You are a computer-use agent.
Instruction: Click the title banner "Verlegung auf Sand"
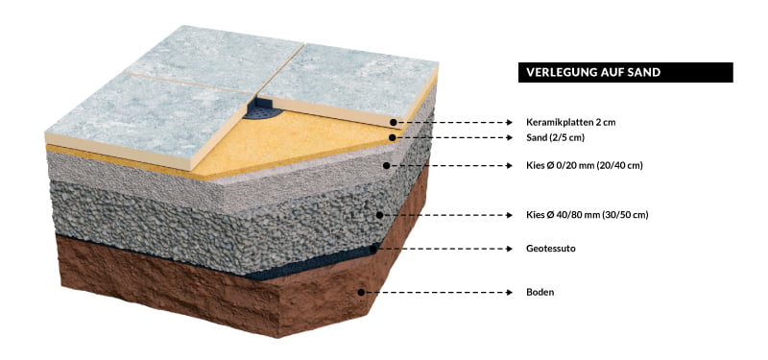point(626,73)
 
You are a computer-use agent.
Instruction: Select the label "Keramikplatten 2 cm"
point(570,123)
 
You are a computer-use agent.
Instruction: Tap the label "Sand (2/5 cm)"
point(556,138)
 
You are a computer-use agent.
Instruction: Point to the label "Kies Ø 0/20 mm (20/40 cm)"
point(585,166)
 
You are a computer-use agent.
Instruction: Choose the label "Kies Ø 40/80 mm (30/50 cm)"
point(588,215)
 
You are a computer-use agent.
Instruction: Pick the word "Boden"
point(540,293)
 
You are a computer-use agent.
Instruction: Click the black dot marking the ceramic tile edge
point(394,122)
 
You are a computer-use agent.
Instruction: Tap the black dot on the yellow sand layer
point(393,137)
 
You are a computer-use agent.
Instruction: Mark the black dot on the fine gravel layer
point(387,165)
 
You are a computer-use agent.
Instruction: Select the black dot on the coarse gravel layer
point(379,215)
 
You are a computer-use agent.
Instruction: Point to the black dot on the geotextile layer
point(373,249)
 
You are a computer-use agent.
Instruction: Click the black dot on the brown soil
point(361,293)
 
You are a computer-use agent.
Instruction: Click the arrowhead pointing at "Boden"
point(509,293)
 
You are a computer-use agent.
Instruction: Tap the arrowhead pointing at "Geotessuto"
point(509,249)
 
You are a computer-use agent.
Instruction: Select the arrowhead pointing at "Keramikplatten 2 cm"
point(509,123)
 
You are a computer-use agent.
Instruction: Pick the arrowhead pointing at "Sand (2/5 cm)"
point(509,138)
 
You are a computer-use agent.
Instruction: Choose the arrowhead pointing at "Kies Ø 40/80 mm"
point(509,215)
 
